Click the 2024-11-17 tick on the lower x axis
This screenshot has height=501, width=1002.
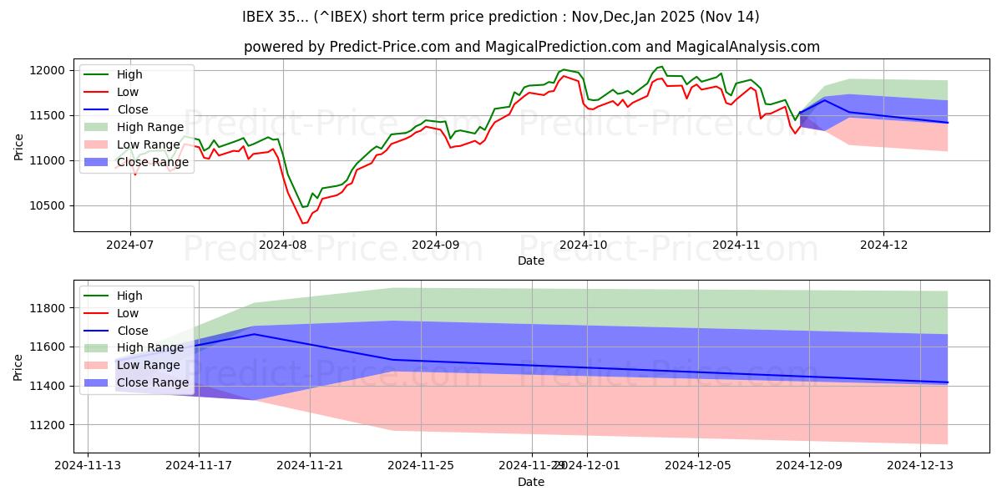199,466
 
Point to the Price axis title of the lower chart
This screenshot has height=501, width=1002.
18,366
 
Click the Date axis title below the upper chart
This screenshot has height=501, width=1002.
531,261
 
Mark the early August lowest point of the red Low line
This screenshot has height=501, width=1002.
303,223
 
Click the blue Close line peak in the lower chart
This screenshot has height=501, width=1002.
254,334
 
